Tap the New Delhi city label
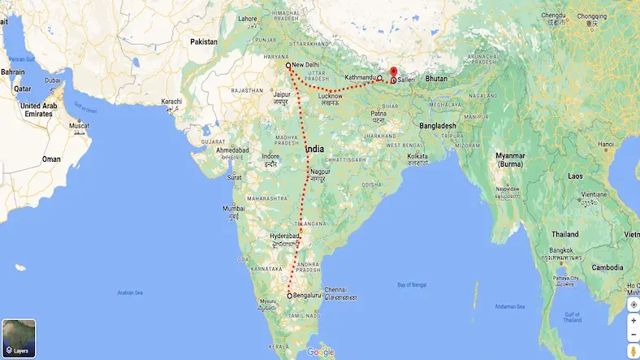pos(306,64)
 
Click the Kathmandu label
pos(361,77)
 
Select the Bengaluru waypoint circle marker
pos(289,297)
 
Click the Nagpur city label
pos(320,171)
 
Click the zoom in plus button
pos(633,320)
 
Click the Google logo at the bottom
pos(320,352)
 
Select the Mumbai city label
pos(233,209)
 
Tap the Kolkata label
pos(417,155)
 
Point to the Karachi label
pos(171,102)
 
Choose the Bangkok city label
pos(560,249)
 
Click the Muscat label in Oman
pos(78,126)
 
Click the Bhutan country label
pos(436,78)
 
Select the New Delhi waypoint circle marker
pos(288,64)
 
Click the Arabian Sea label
pos(129,292)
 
